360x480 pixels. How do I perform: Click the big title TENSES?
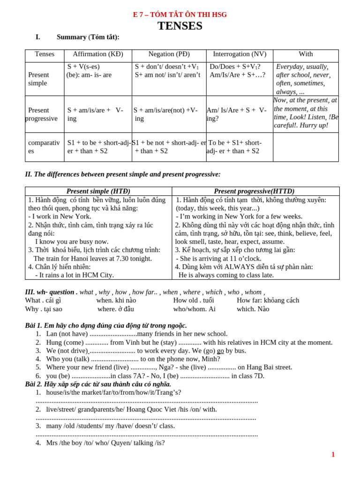(x=180, y=26)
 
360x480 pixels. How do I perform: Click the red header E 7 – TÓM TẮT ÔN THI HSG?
(x=180, y=15)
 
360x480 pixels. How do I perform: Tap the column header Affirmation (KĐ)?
(x=98, y=54)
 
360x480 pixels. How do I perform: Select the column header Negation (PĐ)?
(x=169, y=54)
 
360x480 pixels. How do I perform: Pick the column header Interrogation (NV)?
(x=240, y=54)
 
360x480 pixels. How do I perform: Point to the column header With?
(x=306, y=54)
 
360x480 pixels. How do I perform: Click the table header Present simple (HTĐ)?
(x=98, y=191)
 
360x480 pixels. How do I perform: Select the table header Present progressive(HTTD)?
(x=254, y=191)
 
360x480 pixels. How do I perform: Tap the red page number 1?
(x=333, y=454)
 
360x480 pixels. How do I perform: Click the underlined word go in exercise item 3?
(x=220, y=351)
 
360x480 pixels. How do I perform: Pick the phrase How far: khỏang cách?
(x=268, y=300)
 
